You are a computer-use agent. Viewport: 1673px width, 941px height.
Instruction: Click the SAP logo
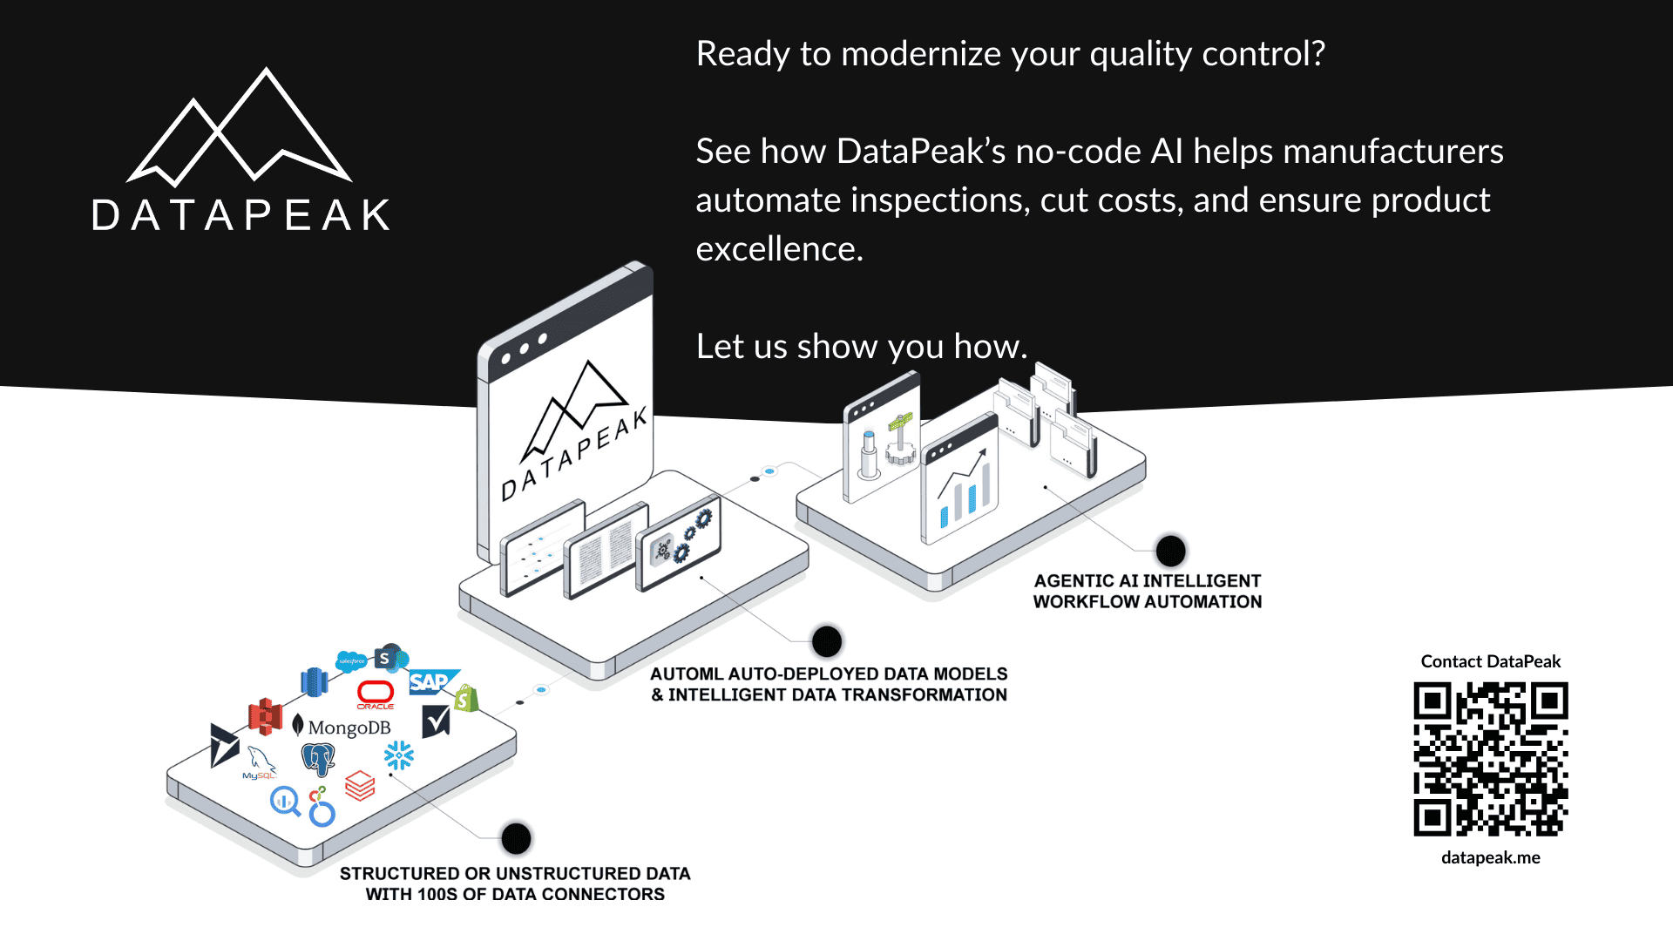click(x=430, y=682)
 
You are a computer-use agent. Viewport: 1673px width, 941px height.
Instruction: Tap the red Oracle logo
click(x=376, y=694)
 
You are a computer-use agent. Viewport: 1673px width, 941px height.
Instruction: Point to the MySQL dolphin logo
click(x=261, y=762)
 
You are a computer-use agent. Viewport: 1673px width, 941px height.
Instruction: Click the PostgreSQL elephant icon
click(x=318, y=759)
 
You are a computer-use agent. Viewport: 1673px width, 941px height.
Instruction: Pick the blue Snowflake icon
click(x=399, y=755)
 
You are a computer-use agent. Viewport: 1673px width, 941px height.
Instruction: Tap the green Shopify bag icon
click(x=465, y=699)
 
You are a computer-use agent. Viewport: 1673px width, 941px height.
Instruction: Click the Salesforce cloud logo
click(x=351, y=661)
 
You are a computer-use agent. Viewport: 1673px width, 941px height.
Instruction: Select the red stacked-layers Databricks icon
click(x=360, y=786)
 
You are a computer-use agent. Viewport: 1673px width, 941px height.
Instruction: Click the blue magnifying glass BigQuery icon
click(x=285, y=800)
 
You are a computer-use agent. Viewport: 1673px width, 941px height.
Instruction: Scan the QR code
click(x=1490, y=759)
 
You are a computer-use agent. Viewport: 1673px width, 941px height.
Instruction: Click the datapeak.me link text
click(x=1490, y=857)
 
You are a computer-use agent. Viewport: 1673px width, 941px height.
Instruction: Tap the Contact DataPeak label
click(x=1490, y=661)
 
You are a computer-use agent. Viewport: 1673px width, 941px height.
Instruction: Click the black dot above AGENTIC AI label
click(x=1170, y=551)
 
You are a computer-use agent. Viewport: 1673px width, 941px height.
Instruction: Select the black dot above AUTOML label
click(x=827, y=642)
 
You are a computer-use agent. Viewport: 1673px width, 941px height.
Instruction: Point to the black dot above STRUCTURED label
click(x=516, y=838)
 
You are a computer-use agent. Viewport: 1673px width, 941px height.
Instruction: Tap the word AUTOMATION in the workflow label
click(x=1204, y=602)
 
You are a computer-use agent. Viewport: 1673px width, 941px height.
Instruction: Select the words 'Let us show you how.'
click(x=861, y=347)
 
